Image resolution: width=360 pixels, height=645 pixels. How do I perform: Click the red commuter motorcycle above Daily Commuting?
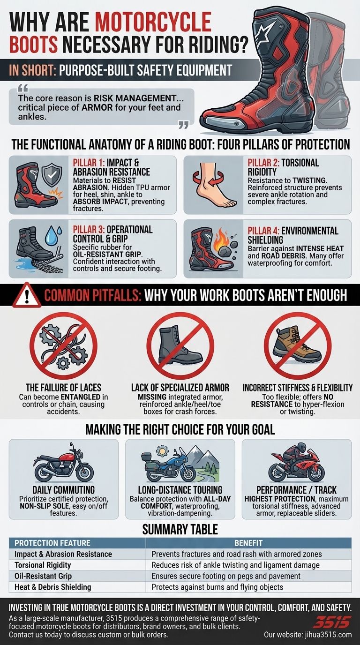tap(63, 464)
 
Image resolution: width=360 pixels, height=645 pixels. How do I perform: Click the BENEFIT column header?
tap(248, 543)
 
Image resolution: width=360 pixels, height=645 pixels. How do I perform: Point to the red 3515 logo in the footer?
tap(331, 622)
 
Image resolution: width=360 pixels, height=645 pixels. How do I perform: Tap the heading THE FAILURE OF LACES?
tap(63, 388)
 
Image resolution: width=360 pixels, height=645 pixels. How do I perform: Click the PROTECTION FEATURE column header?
tap(52, 543)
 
